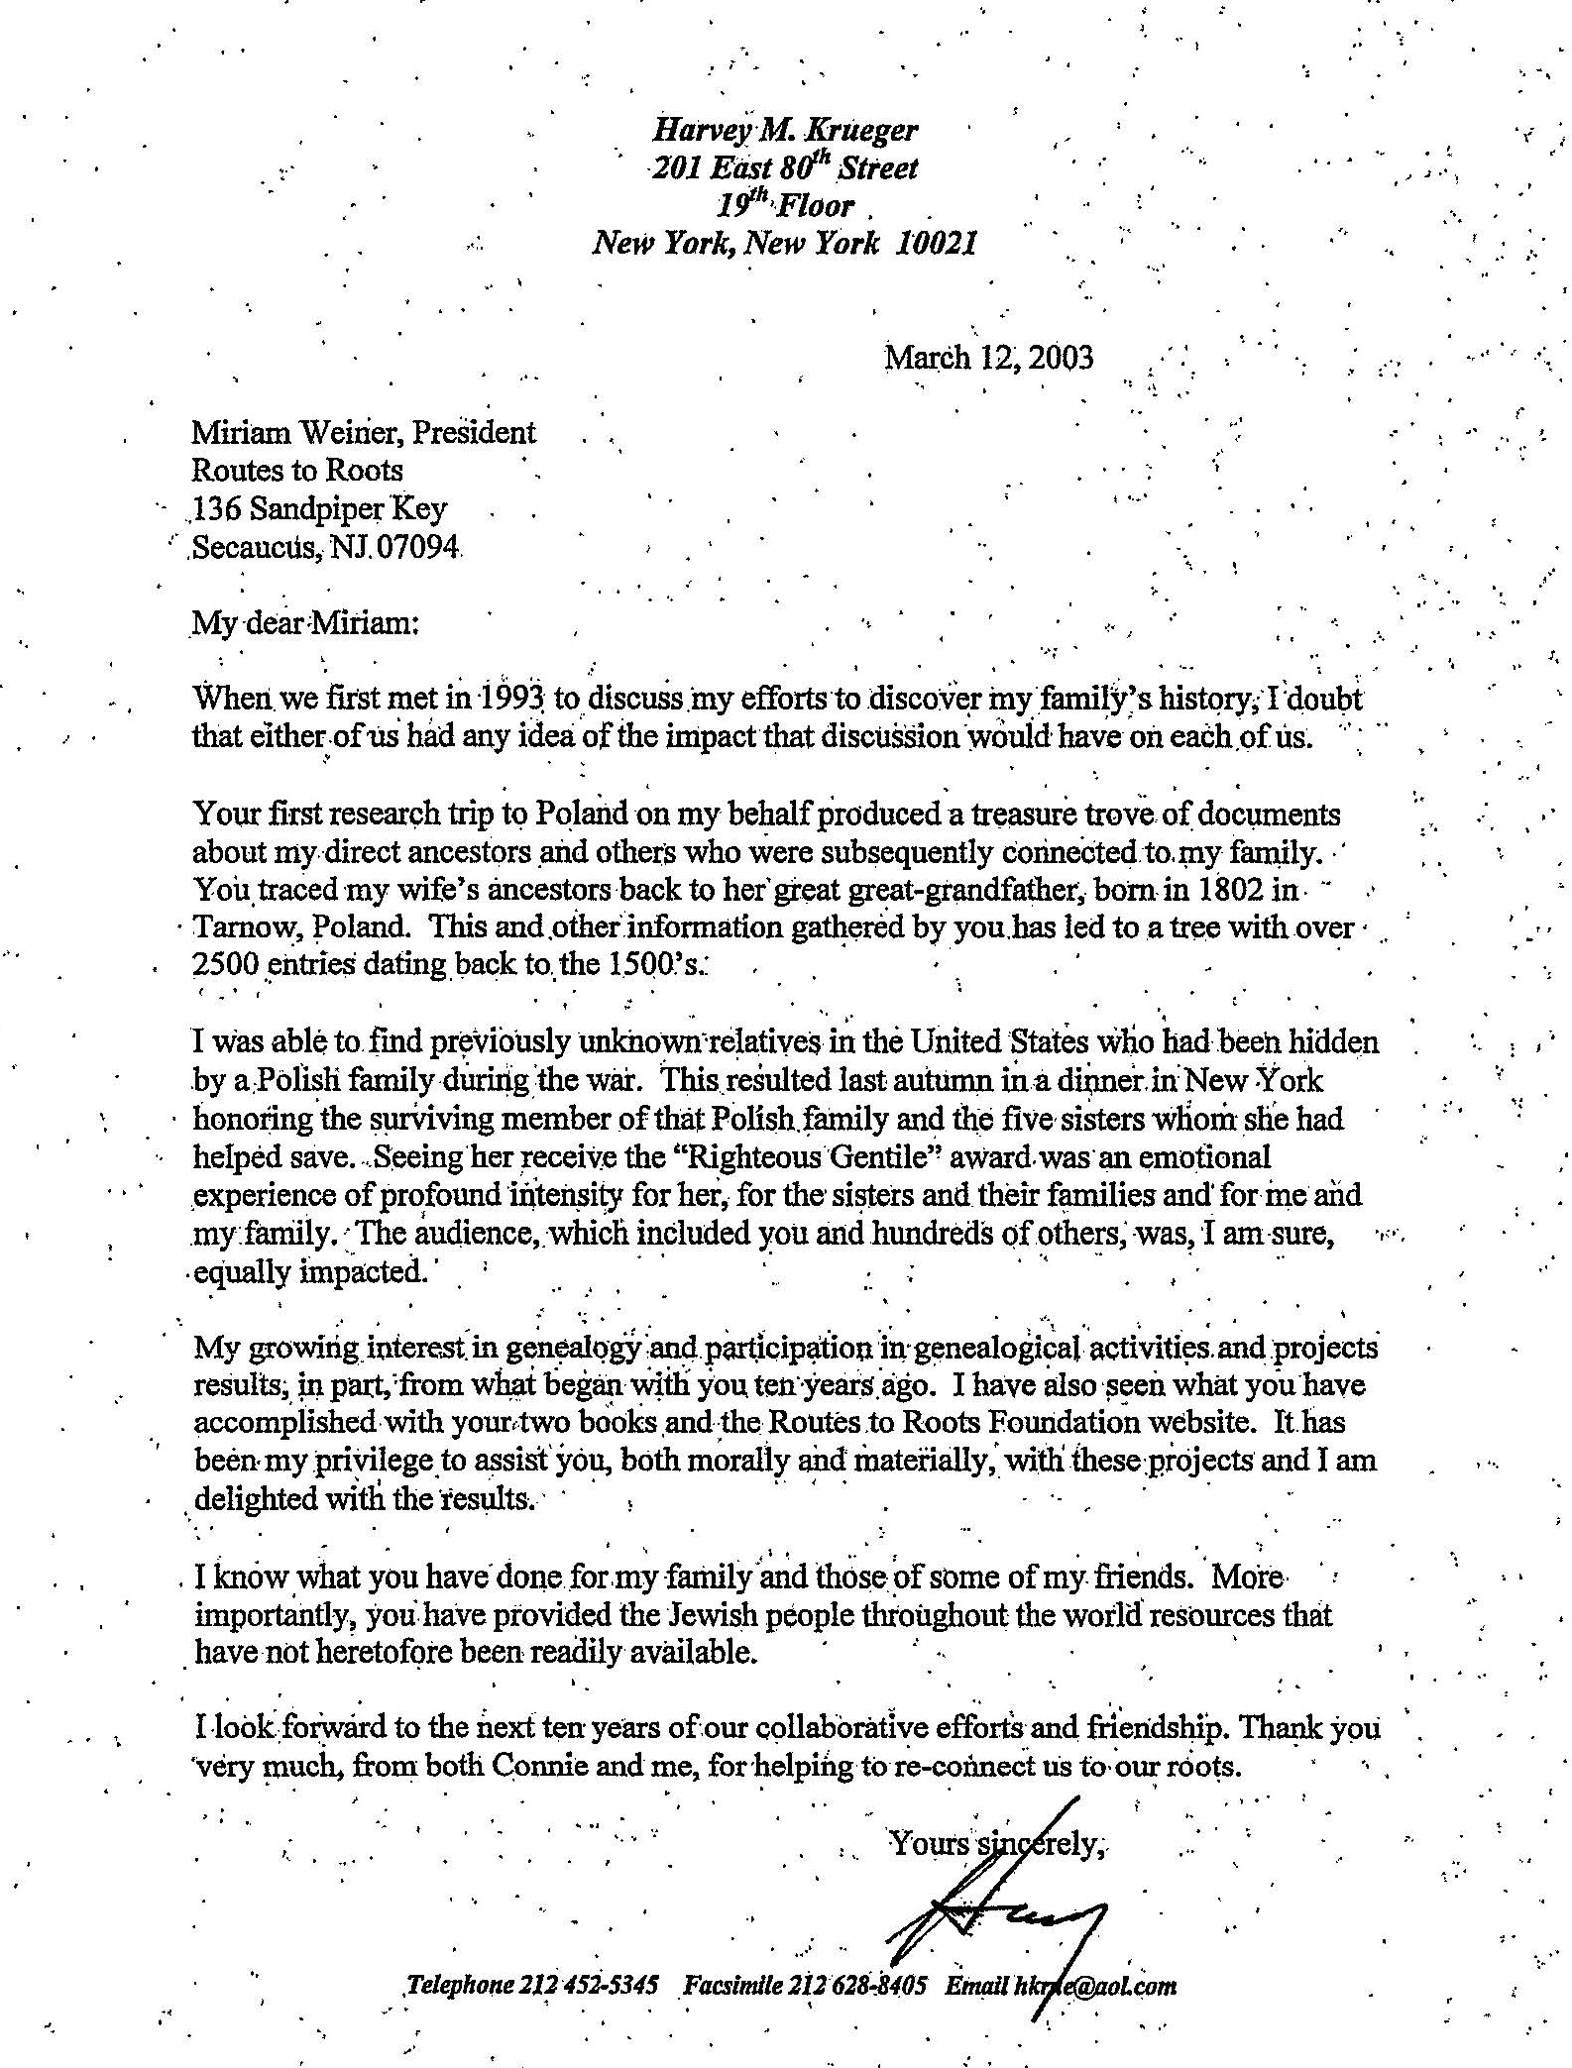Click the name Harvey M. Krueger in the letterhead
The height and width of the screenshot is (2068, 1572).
[x=784, y=130]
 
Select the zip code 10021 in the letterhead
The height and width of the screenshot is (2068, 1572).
[x=936, y=244]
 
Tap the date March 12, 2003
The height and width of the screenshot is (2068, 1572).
[x=988, y=357]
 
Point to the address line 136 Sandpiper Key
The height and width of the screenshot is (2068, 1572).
[x=318, y=509]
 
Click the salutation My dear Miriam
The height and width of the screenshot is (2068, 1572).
[x=306, y=623]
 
